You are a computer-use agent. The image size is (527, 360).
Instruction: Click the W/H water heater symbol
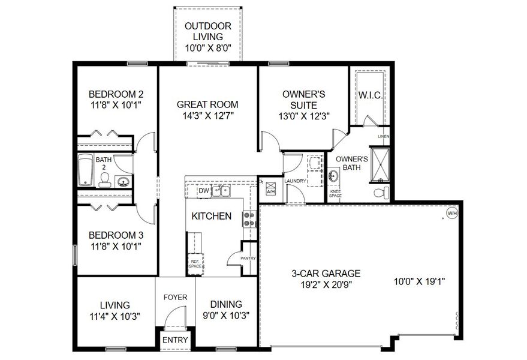pos(451,212)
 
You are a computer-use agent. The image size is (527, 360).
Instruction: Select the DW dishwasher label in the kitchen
pos(203,191)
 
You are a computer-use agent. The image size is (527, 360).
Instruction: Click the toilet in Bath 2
pos(104,179)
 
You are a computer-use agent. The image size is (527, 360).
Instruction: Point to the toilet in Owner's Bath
pos(378,193)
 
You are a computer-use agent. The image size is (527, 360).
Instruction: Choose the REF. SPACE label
pos(195,264)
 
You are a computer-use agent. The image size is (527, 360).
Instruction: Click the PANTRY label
pos(248,259)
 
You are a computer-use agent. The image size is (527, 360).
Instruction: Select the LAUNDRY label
pos(295,181)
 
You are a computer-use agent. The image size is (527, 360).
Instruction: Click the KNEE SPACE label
pos(335,193)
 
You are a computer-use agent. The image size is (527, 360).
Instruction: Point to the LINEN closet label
pos(383,137)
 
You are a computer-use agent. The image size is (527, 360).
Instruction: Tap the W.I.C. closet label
pos(372,96)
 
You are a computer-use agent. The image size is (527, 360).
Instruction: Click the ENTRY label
pos(176,340)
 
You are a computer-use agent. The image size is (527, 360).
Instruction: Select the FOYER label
pos(176,297)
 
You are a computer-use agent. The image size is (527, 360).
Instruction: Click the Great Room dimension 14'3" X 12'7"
pos(207,116)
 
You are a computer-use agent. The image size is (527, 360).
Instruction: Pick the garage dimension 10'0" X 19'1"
pos(419,280)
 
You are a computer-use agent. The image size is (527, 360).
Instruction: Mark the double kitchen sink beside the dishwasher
pos(222,191)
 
